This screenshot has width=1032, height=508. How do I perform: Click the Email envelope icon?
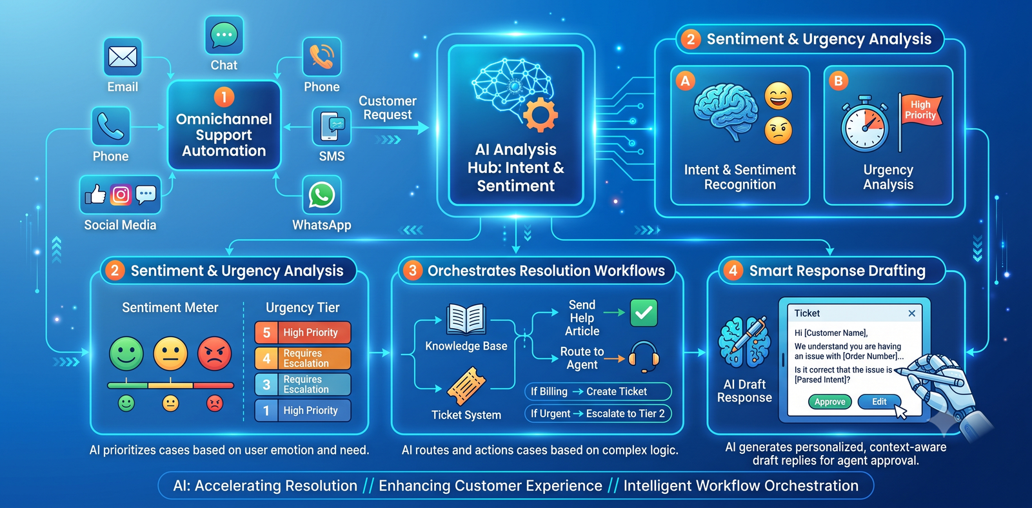click(x=123, y=57)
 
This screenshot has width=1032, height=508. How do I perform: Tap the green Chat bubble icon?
click(x=224, y=35)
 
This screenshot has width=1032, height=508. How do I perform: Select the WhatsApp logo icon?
click(x=322, y=195)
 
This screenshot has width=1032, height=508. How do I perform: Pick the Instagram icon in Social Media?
click(x=121, y=195)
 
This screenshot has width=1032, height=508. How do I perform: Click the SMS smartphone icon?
click(x=332, y=126)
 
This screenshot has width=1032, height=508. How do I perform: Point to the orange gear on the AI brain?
click(x=540, y=115)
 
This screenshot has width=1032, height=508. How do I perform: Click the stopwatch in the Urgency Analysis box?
click(x=865, y=124)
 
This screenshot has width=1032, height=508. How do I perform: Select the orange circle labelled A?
click(x=685, y=81)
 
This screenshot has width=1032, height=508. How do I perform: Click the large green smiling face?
click(x=126, y=354)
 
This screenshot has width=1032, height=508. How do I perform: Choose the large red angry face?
click(x=214, y=354)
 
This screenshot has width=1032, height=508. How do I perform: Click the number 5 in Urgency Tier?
click(x=266, y=333)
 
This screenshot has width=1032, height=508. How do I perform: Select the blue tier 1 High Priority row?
click(x=303, y=411)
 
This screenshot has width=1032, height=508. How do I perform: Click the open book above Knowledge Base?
click(x=466, y=318)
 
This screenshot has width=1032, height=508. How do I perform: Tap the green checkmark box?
click(x=644, y=313)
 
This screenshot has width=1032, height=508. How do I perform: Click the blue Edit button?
click(x=879, y=402)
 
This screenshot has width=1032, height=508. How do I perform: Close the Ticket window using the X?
click(x=912, y=313)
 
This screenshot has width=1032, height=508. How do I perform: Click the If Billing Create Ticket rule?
click(x=598, y=391)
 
